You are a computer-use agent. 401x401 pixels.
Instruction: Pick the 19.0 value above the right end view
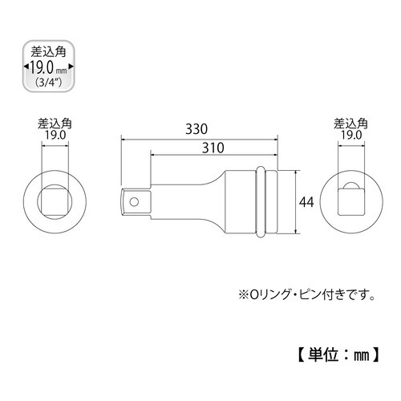[351, 136]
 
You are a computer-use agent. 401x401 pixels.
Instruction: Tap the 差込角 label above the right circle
[351, 124]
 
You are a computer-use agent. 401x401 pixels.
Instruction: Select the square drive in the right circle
[350, 200]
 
